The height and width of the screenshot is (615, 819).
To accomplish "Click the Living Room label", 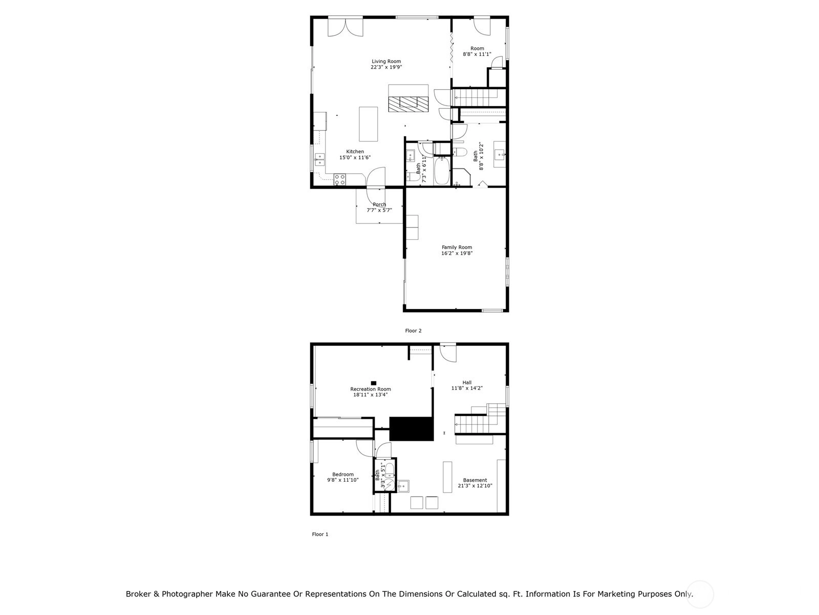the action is click(x=386, y=61).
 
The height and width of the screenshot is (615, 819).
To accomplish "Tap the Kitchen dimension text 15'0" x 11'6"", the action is click(x=354, y=157).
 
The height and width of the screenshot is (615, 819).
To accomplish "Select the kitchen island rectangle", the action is click(x=368, y=124).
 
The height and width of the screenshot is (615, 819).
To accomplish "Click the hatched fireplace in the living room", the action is click(x=408, y=104).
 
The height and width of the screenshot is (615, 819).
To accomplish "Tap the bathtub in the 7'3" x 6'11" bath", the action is click(x=442, y=171).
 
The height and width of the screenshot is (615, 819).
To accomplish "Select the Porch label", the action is click(x=379, y=204).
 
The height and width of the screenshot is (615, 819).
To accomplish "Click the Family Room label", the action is click(x=457, y=247).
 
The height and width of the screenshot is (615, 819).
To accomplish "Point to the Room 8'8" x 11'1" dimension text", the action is click(x=477, y=54).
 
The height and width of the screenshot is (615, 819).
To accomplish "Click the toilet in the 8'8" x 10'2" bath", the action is click(x=460, y=152).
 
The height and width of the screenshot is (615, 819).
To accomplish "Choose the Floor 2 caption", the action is click(x=413, y=331).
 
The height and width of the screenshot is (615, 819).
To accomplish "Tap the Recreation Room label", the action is click(x=370, y=389).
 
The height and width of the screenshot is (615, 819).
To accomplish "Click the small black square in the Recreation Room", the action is click(x=373, y=383).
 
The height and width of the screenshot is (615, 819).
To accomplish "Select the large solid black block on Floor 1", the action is click(x=411, y=428).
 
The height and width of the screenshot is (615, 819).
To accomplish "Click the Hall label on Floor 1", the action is click(x=467, y=382).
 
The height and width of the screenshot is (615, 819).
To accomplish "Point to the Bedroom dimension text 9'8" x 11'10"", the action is click(x=342, y=480).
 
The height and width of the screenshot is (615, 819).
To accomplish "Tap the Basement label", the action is click(x=475, y=480).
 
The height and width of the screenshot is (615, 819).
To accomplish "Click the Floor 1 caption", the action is click(x=320, y=535).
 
